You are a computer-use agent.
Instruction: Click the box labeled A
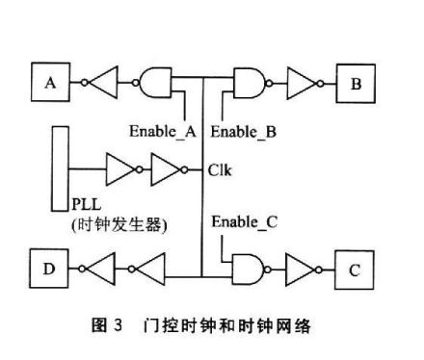coord(51,86)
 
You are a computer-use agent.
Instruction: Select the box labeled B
coord(355,86)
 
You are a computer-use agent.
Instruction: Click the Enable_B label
coord(243,128)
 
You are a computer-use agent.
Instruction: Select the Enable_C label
coord(244,221)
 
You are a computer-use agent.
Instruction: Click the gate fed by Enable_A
coord(155,84)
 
